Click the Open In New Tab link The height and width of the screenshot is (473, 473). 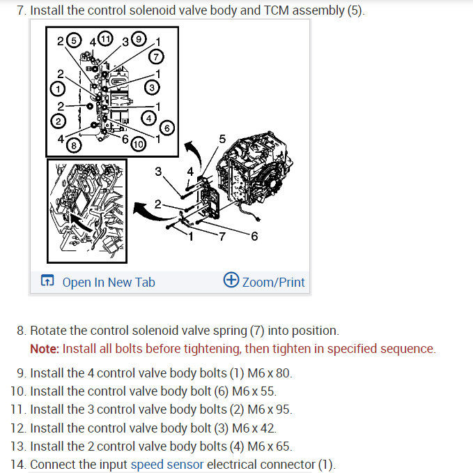coord(108,283)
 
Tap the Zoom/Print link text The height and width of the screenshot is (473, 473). coord(273,283)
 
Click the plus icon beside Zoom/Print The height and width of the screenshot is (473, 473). coord(231,280)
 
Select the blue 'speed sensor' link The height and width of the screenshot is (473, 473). coord(167,464)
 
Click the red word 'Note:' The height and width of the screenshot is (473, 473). coord(45,349)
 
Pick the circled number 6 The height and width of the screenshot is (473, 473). coord(166,128)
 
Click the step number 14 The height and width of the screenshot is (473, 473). coord(19,464)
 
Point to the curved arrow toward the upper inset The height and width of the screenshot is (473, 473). coord(189,149)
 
